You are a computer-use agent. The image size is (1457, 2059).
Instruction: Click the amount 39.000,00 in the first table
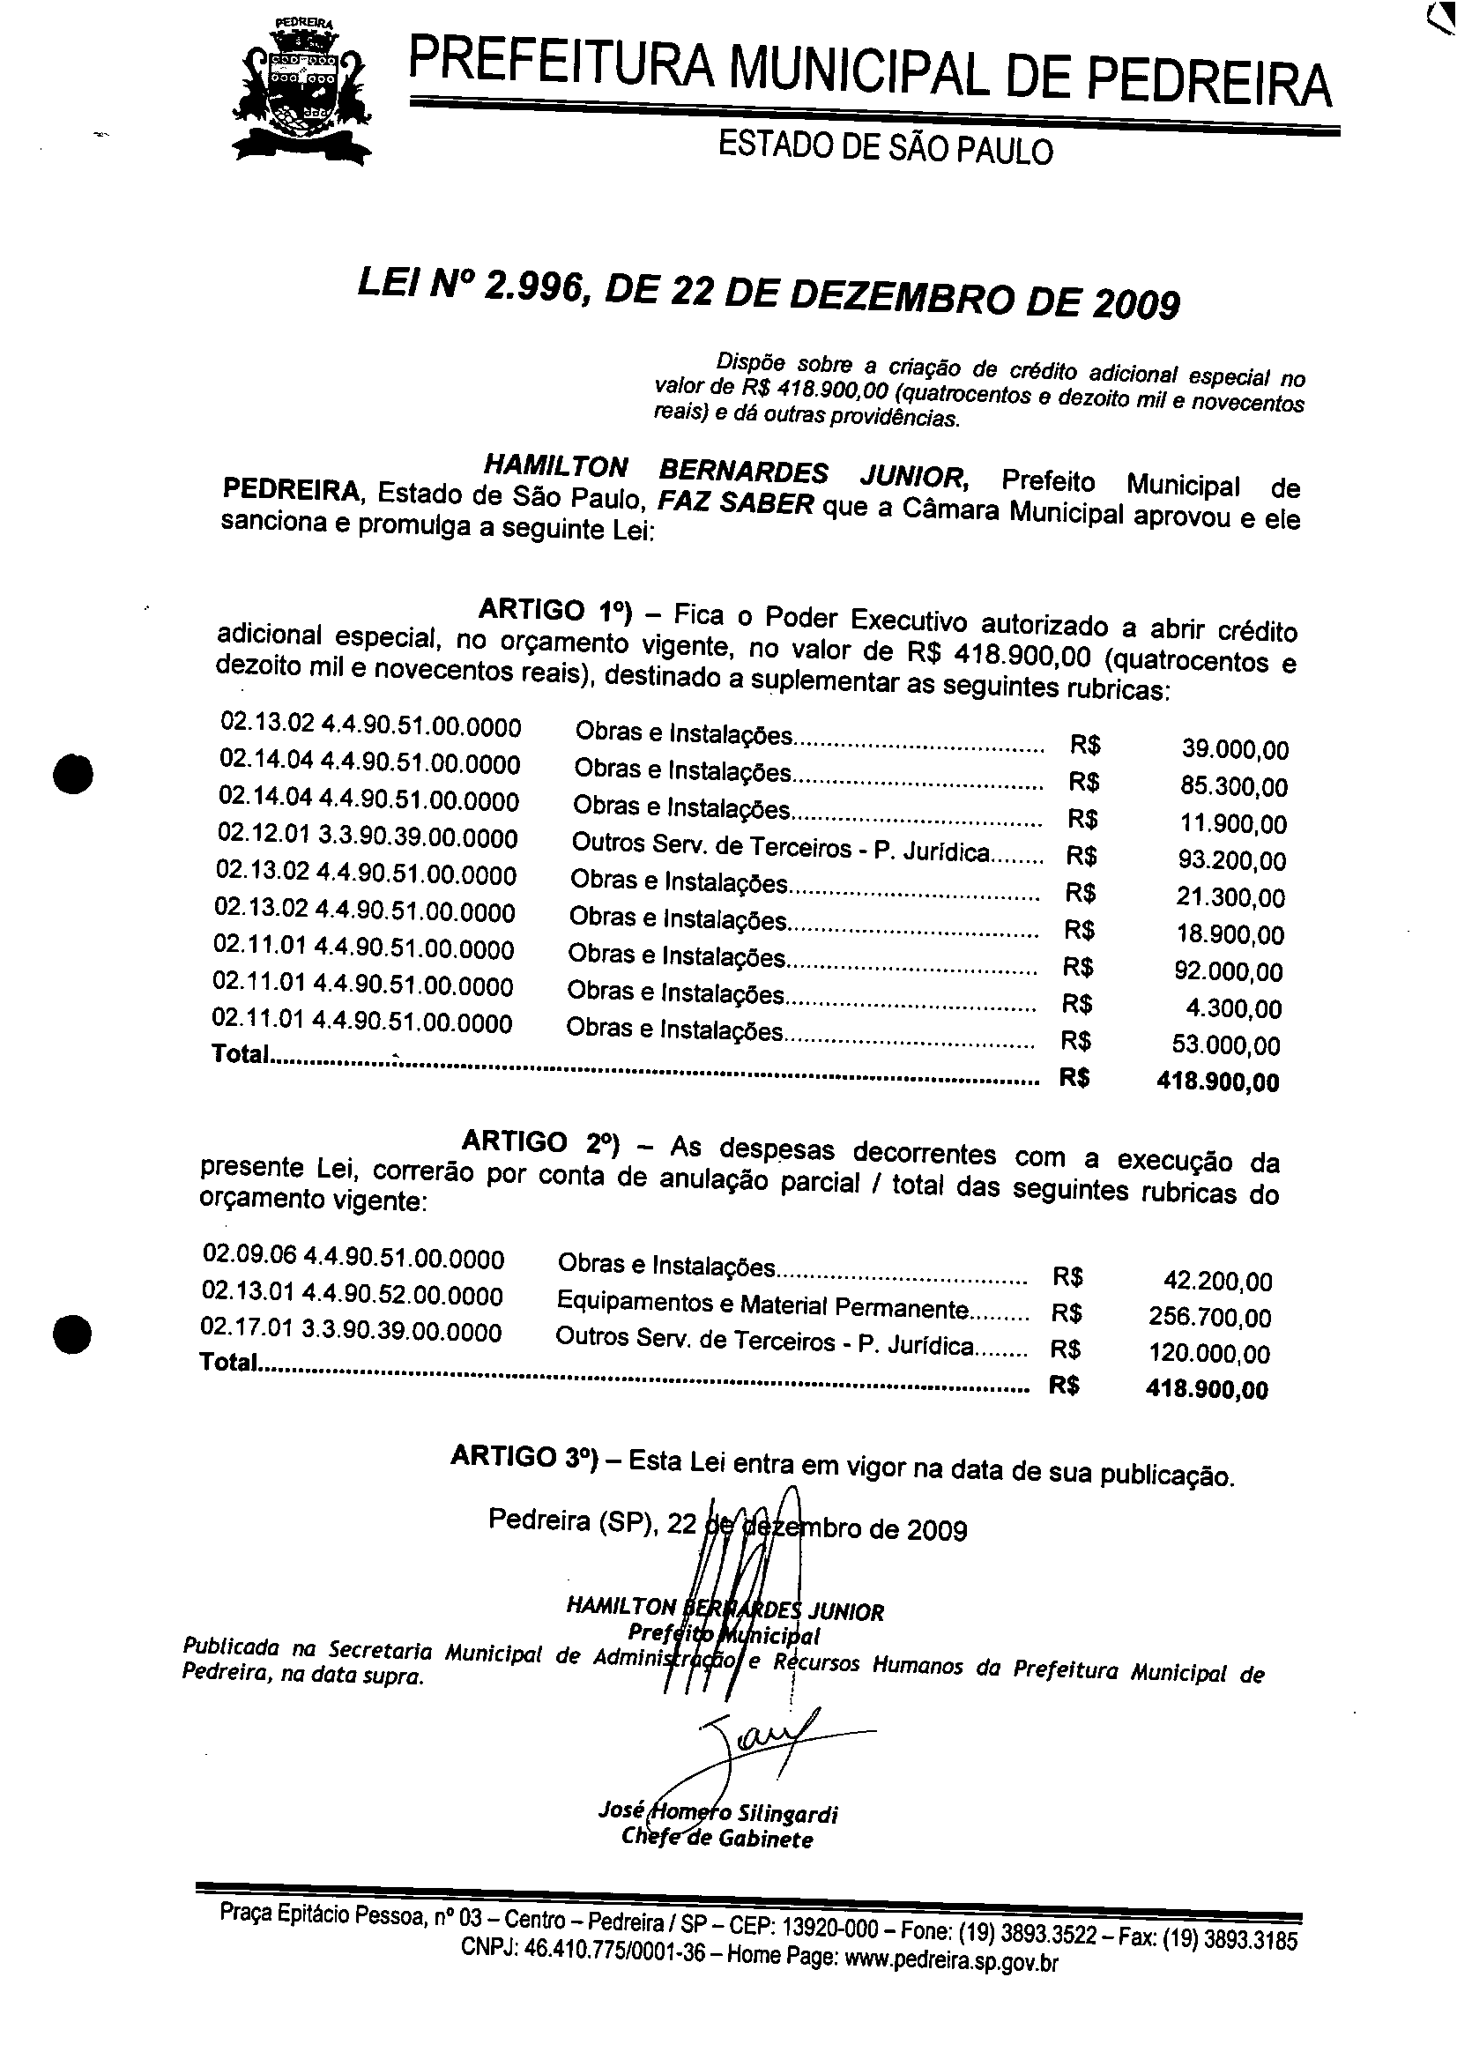1235,750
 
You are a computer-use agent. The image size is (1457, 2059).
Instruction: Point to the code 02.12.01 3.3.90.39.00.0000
368,837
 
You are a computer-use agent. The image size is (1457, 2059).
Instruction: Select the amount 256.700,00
1209,1317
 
